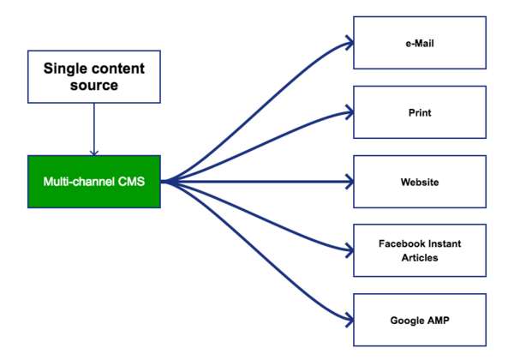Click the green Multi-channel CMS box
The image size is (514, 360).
tap(94, 182)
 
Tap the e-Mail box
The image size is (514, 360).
tap(420, 42)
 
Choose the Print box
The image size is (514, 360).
tap(420, 112)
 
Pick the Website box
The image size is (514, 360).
tap(420, 182)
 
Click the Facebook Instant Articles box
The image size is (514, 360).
tap(420, 250)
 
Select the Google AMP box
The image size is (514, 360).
tap(420, 320)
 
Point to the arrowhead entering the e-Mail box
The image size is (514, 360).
tap(350, 41)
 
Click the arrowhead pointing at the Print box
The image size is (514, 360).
tap(350, 111)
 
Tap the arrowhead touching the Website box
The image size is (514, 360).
tap(350, 182)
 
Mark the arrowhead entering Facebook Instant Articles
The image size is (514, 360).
tap(350, 250)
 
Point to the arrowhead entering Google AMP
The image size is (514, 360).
tap(350, 321)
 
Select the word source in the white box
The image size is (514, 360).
tap(94, 85)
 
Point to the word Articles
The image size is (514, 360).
tap(420, 257)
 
